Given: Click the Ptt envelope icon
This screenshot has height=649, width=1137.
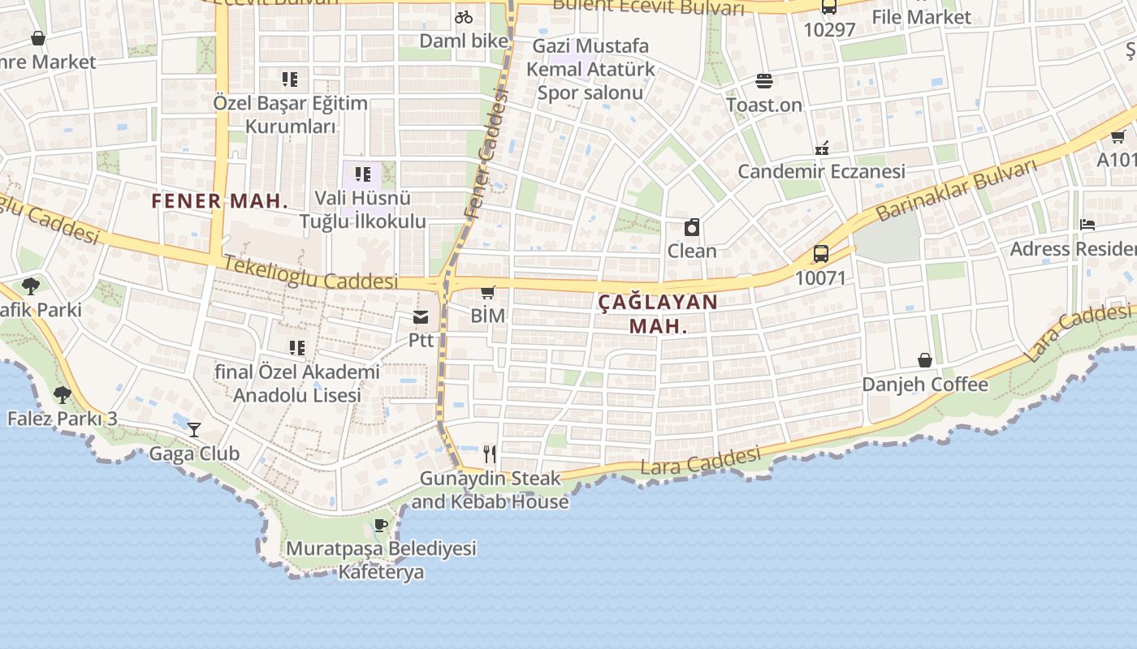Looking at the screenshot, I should [x=421, y=317].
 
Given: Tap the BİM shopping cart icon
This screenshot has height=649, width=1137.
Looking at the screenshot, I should [x=487, y=292].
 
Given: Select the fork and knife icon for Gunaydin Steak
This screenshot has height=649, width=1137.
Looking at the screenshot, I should [x=489, y=453].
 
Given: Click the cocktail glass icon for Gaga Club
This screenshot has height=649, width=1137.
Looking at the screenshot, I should [x=193, y=429].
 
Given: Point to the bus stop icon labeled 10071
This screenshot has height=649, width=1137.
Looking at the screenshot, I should [x=821, y=254].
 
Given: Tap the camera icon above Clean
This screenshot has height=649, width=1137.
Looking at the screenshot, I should [x=692, y=227].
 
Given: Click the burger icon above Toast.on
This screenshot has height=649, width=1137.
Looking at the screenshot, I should [x=763, y=80].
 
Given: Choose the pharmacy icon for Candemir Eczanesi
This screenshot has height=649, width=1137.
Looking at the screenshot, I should [x=821, y=148].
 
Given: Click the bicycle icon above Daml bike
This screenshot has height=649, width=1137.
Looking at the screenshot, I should [x=464, y=16].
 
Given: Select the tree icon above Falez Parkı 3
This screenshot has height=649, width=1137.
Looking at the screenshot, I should [x=62, y=395].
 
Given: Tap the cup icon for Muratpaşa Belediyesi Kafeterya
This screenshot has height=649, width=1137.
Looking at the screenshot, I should [x=381, y=525].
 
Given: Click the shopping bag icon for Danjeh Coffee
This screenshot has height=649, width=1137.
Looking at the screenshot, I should [x=925, y=359].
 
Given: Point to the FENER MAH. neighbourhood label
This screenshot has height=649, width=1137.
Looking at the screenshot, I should [x=219, y=201].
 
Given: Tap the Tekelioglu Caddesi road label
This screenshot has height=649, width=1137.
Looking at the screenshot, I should [x=310, y=273].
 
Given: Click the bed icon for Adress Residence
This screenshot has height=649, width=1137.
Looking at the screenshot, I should [x=1087, y=225].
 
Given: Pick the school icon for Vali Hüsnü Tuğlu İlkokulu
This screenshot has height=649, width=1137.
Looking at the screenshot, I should [x=363, y=174].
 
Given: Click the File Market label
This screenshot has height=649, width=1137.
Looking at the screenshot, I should [x=921, y=17].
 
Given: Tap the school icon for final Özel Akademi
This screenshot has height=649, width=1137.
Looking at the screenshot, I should [x=297, y=347].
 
